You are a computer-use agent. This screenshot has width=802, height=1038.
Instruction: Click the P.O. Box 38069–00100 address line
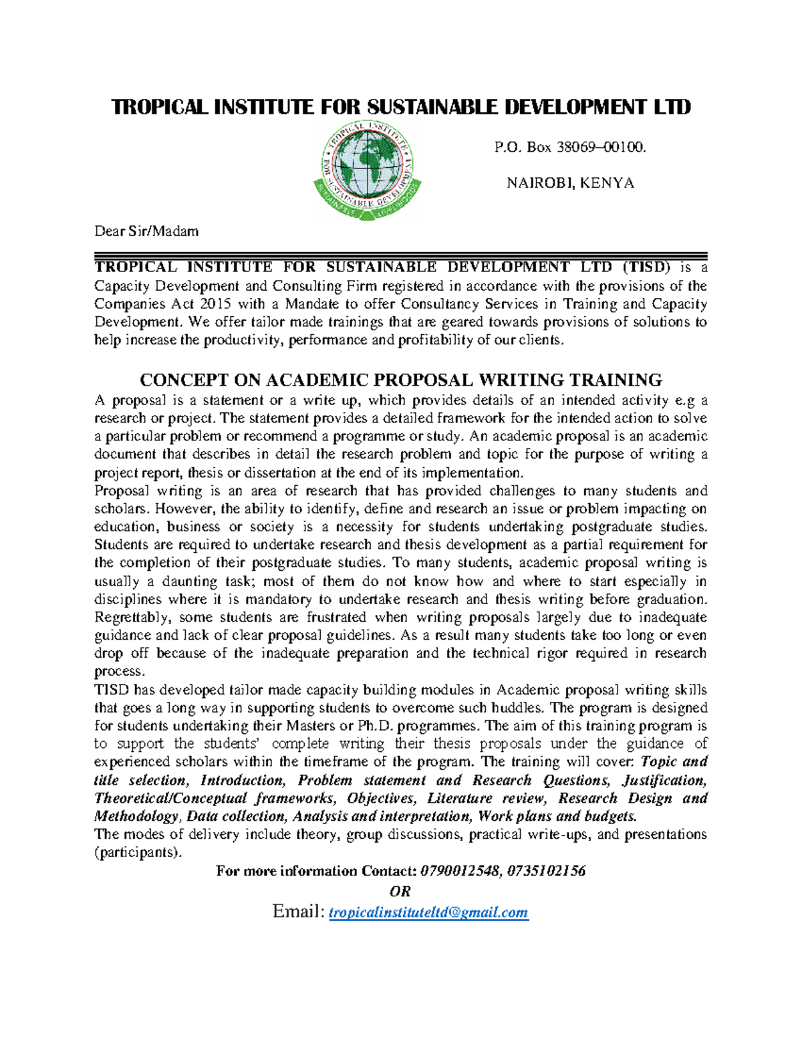[x=570, y=147]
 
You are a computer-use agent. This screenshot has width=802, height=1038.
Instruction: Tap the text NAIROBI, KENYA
[x=570, y=183]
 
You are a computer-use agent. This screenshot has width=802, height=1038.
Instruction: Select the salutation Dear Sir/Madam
[x=146, y=231]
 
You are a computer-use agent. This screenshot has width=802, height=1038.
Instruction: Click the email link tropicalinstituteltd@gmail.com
[x=428, y=912]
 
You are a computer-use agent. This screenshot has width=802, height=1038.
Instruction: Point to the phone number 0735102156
[x=546, y=871]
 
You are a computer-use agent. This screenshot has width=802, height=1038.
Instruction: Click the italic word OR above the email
[x=400, y=892]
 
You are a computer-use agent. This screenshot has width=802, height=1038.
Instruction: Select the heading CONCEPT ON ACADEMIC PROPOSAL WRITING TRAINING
[x=400, y=380]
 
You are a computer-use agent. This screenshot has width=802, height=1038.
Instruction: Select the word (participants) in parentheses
[x=137, y=853]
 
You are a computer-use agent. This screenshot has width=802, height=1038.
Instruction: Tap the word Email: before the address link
[x=298, y=912]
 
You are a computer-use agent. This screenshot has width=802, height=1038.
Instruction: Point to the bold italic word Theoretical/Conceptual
[x=170, y=799]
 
